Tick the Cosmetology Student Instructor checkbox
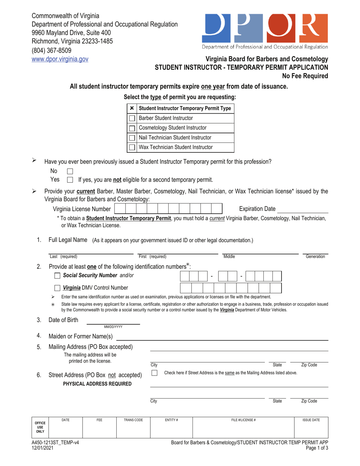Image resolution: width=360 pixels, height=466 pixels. pyautogui.click(x=132, y=128)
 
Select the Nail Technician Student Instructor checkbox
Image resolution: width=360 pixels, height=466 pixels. pyautogui.click(x=132, y=137)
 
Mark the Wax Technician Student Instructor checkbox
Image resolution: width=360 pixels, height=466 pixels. pyautogui.click(x=132, y=147)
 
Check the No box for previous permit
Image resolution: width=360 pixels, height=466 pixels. pyautogui.click(x=70, y=172)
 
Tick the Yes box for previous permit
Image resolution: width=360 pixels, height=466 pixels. pyautogui.click(x=70, y=179)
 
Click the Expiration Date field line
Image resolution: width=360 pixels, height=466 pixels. pyautogui.click(x=303, y=209)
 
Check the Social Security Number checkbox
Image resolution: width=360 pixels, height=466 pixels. pyautogui.click(x=52, y=275)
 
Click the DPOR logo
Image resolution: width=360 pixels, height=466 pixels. pyautogui.click(x=265, y=29)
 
